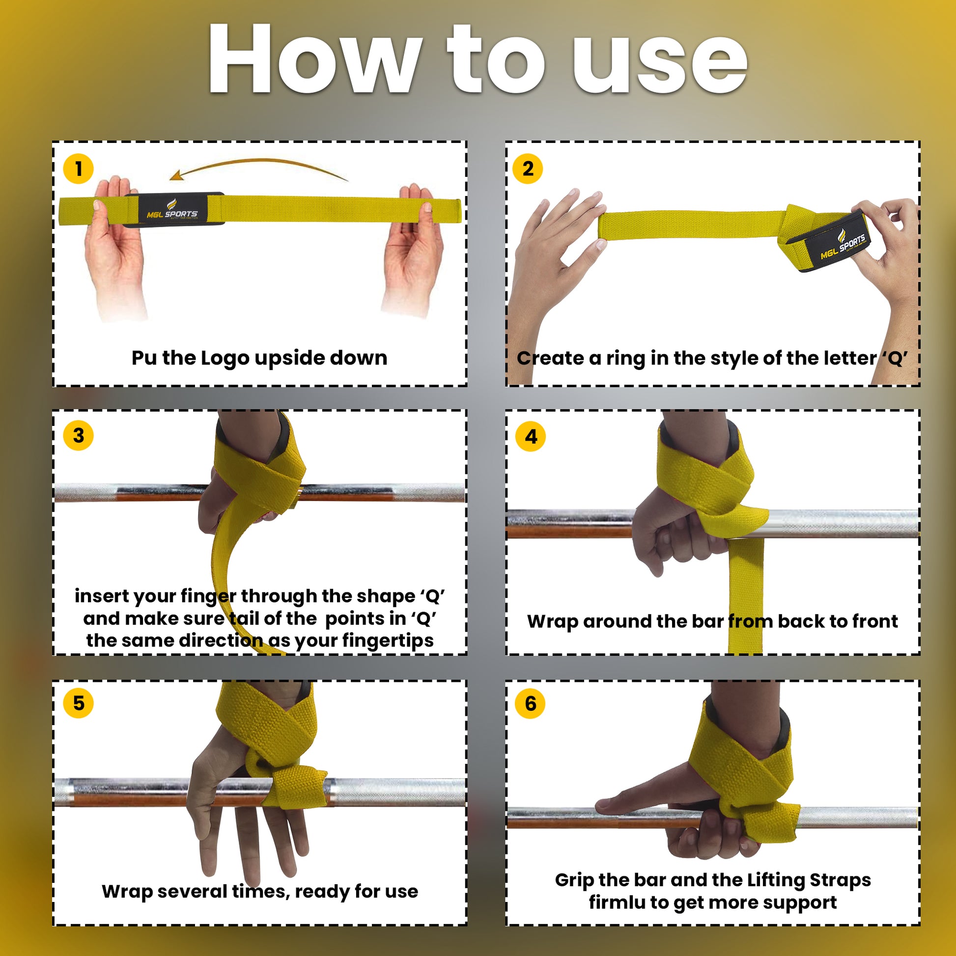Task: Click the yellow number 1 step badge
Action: tap(78, 169)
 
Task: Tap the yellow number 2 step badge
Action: tap(528, 169)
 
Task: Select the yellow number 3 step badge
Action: tap(78, 435)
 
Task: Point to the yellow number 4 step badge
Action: tap(531, 436)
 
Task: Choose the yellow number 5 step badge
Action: tap(78, 703)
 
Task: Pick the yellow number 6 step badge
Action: tap(530, 703)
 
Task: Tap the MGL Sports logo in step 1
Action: tap(172, 210)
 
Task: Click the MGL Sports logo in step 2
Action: tap(843, 246)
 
